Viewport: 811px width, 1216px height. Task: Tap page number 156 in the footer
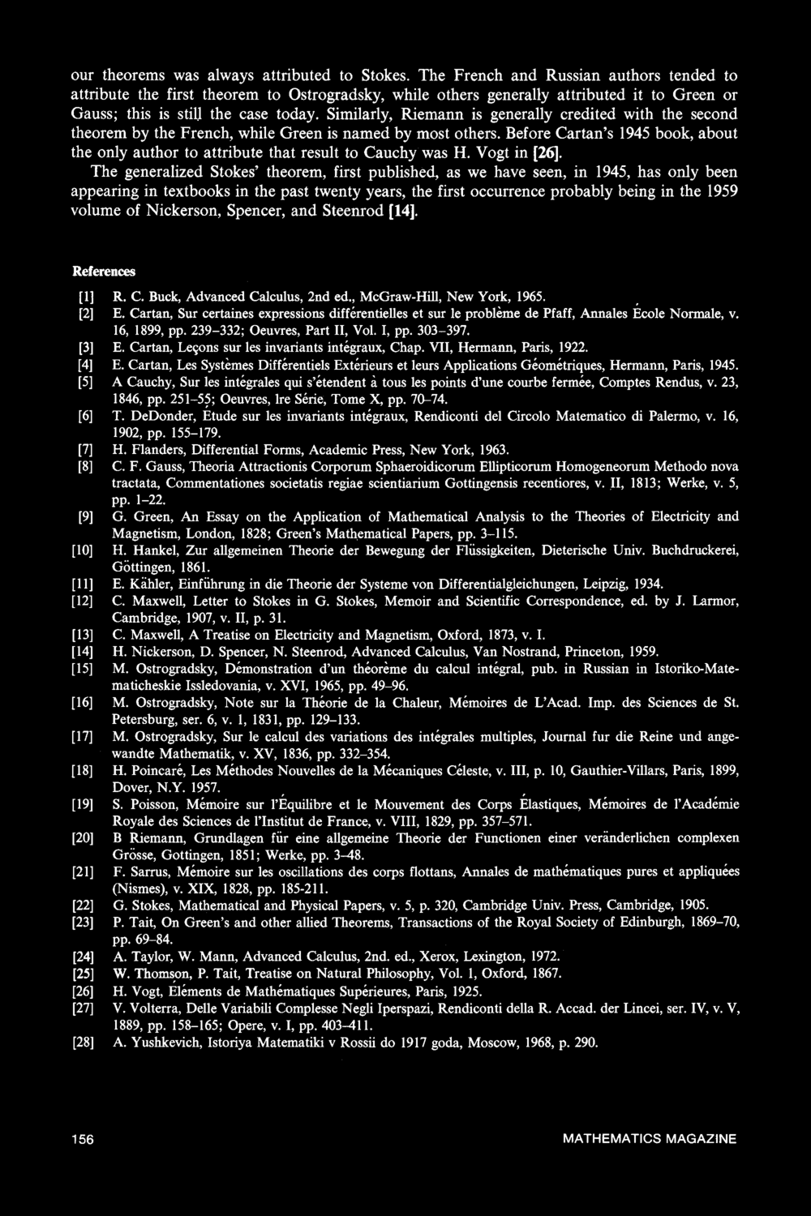(83, 1139)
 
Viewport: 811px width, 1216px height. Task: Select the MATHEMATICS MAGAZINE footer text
(650, 1139)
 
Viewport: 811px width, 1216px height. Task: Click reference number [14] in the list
(84, 651)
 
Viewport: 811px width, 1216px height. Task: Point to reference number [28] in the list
(84, 1044)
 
